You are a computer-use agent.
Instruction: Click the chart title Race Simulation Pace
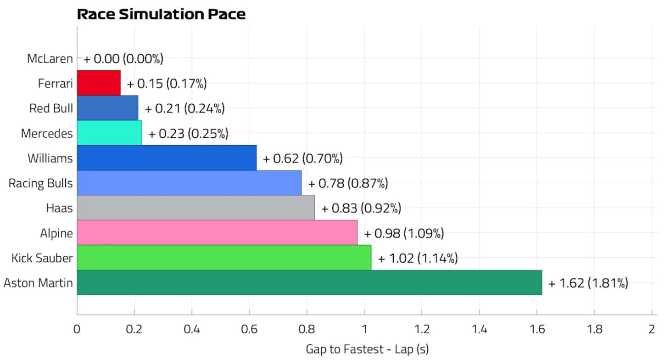[161, 14]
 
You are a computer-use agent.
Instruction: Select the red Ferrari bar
[99, 83]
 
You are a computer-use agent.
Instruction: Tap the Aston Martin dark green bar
[309, 283]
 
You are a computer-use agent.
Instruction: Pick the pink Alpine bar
[217, 233]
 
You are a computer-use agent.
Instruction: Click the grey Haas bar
[196, 208]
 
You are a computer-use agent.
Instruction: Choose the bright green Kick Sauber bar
[224, 258]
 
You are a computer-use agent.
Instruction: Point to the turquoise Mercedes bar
[109, 133]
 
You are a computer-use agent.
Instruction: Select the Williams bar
[167, 158]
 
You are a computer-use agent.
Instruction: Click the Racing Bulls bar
[189, 183]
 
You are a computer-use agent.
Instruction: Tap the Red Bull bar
[107, 108]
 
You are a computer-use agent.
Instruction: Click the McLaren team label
[50, 59]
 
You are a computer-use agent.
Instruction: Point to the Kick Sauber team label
[42, 258]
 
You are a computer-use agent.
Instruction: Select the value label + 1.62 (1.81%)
[588, 283]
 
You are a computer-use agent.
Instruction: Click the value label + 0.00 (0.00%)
[123, 59]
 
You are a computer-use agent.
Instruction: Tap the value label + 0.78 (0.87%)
[348, 184]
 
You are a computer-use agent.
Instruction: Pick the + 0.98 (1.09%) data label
[404, 233]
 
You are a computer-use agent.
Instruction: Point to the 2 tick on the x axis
[652, 329]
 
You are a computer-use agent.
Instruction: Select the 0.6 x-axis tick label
[249, 329]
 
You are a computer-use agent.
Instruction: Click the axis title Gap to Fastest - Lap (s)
[367, 349]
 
